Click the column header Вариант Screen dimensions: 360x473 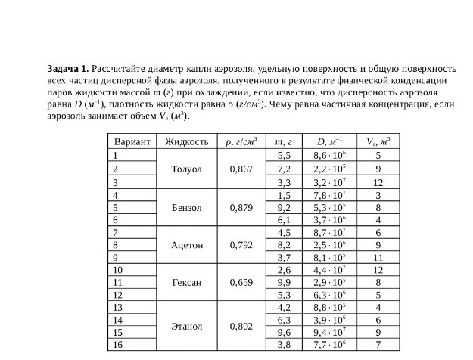132,141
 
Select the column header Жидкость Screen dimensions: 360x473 186,141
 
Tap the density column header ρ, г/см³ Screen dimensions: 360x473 241,141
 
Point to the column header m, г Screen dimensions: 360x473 285,141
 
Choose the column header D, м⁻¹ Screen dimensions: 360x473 329,141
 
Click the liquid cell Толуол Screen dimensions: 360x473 186,169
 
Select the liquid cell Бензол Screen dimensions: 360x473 186,206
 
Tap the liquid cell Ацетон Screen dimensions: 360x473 186,244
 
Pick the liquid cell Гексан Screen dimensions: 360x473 186,282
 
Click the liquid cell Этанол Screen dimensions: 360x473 186,326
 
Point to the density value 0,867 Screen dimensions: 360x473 241,169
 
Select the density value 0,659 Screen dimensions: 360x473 241,282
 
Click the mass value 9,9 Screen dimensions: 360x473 285,282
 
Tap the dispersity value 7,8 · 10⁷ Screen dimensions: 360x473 329,194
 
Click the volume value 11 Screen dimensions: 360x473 378,257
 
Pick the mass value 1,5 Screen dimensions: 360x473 285,194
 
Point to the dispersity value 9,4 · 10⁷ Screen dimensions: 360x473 329,332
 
